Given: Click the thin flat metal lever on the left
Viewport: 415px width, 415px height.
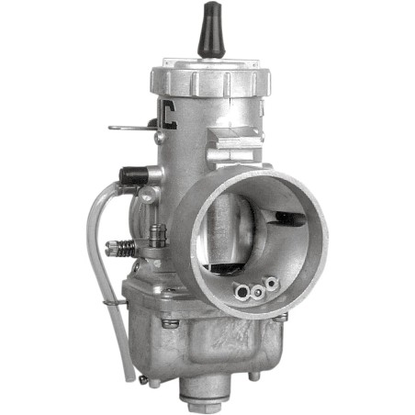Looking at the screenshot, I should click(129, 127).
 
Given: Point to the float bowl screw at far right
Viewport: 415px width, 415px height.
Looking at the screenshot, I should click(281, 317).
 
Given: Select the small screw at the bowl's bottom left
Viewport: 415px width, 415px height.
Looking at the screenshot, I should click(143, 376).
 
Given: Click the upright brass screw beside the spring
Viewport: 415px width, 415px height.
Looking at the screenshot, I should click(157, 236).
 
